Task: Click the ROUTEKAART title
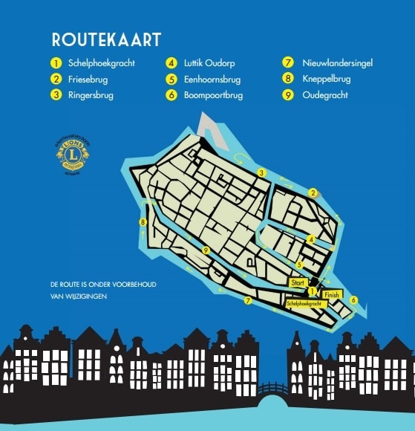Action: coord(106,39)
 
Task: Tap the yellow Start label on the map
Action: coord(298,282)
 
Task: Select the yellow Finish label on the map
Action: coord(331,295)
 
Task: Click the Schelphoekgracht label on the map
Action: coord(304,304)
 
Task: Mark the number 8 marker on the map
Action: coord(142,221)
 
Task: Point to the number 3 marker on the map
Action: coord(261,172)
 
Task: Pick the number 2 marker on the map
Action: coord(313,193)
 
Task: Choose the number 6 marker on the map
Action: coord(353,300)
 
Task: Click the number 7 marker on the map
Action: coord(248,301)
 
